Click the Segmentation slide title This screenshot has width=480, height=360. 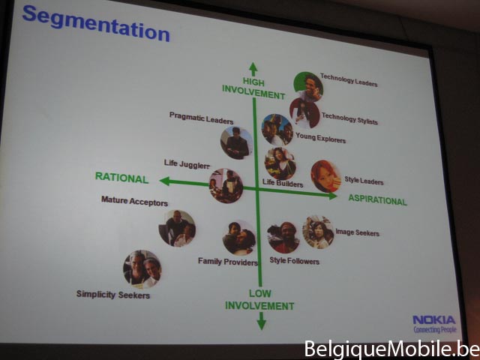point(96,23)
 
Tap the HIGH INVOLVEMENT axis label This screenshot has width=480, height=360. point(253,88)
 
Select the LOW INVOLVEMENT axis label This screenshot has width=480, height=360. point(259,300)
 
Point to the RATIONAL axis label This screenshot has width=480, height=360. point(121,178)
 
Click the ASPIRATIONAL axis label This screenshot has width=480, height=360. point(377,200)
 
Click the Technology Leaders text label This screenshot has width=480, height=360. point(349,80)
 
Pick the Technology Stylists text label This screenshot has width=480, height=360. point(349,118)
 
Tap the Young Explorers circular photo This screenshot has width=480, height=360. point(277,130)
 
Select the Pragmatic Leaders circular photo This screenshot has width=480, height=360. point(237,143)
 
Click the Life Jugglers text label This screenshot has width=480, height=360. point(187,164)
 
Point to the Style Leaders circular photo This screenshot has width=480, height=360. point(325,176)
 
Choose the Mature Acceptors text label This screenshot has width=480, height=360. point(134,201)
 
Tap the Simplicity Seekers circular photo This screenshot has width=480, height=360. point(142,269)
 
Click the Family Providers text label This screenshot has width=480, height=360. point(228,262)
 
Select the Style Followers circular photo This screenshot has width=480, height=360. point(283,238)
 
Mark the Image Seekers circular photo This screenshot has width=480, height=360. point(318,232)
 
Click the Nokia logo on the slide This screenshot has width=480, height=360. point(434,324)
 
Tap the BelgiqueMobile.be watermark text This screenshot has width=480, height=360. point(392,349)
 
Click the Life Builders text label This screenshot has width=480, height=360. point(283,183)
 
